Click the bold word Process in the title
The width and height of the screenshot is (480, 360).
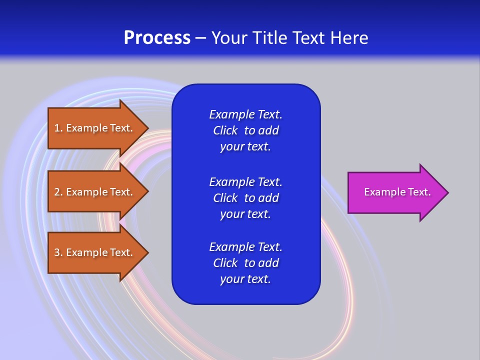pos(157,38)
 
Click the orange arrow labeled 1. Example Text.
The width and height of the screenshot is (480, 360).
pos(95,128)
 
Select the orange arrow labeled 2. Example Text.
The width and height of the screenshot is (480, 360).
pos(95,192)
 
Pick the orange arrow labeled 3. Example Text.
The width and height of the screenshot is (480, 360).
pos(95,252)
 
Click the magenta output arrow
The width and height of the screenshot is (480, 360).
pos(395,192)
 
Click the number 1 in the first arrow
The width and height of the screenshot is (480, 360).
pos(57,128)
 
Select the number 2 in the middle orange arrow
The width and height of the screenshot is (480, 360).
pos(57,192)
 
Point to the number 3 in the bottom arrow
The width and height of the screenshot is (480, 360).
pos(57,252)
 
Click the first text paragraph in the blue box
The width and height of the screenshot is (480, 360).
pos(245,130)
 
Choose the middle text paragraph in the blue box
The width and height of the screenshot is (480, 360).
pos(245,198)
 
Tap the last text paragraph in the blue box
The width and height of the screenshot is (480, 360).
pos(245,263)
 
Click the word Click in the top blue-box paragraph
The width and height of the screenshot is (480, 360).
pos(225,130)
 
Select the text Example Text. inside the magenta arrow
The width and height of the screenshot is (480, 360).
pos(397,192)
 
